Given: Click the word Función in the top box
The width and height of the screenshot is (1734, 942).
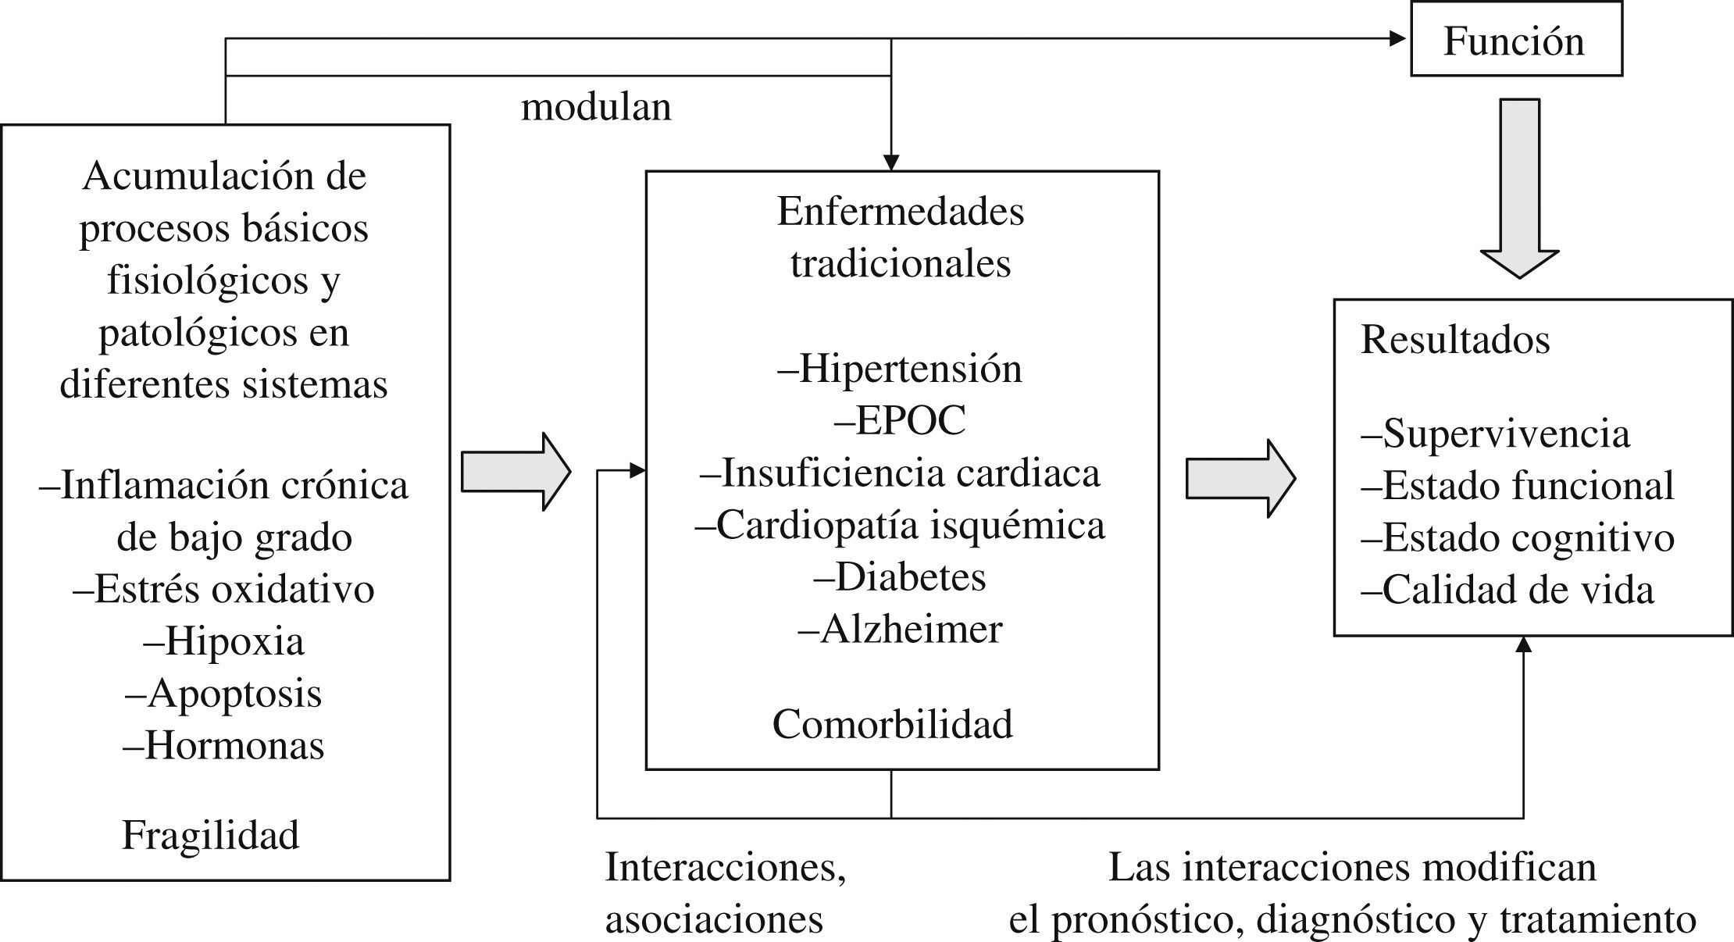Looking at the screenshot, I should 1514,41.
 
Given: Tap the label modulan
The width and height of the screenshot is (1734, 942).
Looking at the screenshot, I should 596,107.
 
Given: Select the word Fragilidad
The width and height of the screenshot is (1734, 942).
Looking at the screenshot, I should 211,835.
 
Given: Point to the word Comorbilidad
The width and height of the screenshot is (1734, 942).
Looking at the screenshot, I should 893,724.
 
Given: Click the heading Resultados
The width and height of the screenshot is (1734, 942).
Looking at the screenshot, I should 1455,340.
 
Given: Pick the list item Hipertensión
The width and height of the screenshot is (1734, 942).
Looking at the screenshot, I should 900,369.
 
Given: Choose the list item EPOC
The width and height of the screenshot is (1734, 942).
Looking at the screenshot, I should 900,421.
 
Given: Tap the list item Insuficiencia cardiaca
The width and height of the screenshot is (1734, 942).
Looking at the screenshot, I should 900,473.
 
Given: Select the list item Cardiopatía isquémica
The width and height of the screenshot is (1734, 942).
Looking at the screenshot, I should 900,526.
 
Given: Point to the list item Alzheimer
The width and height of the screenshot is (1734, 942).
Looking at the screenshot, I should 900,630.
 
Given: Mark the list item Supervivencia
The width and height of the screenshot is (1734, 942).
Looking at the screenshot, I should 1496,434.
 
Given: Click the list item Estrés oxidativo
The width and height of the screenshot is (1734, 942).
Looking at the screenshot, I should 223,590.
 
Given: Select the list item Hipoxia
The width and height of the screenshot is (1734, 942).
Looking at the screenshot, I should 223,642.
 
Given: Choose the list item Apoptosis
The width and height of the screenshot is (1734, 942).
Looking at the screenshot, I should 223,694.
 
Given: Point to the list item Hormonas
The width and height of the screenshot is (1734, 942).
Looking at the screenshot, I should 223,746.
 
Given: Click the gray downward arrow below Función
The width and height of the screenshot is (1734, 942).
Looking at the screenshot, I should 1520,187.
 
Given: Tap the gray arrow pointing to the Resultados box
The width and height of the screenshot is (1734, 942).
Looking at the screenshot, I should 1240,478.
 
